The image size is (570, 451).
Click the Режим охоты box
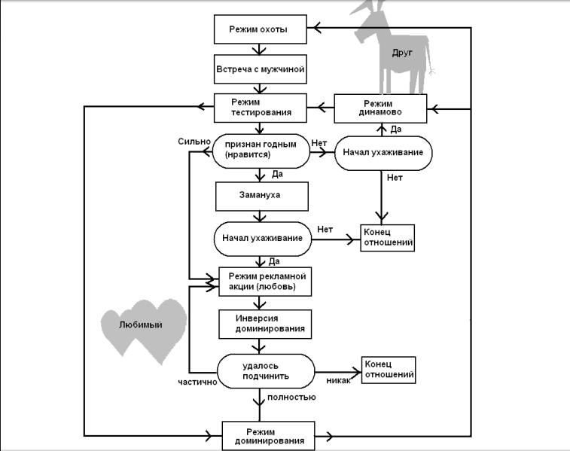pyautogui.click(x=260, y=29)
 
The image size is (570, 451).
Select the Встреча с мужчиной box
pyautogui.click(x=260, y=69)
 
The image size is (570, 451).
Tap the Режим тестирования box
pyautogui.click(x=260, y=107)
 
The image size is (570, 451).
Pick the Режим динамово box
pyautogui.click(x=380, y=107)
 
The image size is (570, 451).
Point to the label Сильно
pyautogui.click(x=194, y=141)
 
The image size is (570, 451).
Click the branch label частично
pyautogui.click(x=198, y=382)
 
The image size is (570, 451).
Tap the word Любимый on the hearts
pyautogui.click(x=142, y=325)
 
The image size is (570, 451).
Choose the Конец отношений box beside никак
pyautogui.click(x=389, y=369)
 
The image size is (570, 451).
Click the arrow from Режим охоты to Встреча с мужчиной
pyautogui.click(x=260, y=49)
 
